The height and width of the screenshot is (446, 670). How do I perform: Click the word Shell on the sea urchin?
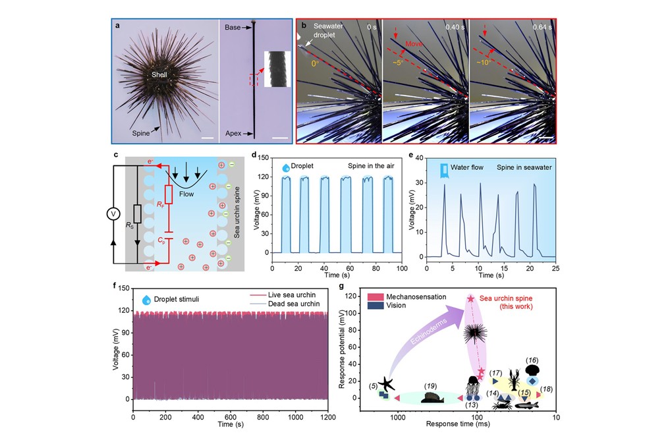(158, 75)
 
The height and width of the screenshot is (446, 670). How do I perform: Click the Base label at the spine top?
(232, 27)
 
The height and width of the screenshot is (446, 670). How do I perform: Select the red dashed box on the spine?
(254, 80)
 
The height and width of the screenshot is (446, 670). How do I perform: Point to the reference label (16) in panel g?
(532, 360)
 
